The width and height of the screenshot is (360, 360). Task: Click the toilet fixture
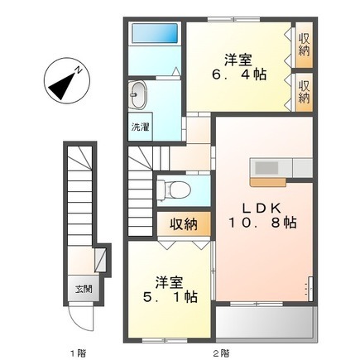[x=174, y=190]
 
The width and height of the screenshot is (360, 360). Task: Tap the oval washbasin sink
[x=138, y=95]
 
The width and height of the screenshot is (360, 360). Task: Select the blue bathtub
[x=155, y=33]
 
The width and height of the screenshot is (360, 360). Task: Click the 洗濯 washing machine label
[x=140, y=127]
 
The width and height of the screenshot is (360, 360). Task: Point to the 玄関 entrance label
[x=84, y=289]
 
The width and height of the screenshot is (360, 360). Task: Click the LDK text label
[x=262, y=208]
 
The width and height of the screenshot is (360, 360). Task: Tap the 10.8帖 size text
[x=262, y=223]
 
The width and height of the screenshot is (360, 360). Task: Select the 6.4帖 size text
[x=239, y=74]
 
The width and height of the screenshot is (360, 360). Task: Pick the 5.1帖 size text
[x=170, y=297]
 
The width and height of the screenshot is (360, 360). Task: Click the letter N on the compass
[x=79, y=70]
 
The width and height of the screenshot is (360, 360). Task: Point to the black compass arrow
[x=63, y=85]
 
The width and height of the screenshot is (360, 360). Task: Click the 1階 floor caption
[x=78, y=353]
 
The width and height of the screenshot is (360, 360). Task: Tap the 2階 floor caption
[x=221, y=353]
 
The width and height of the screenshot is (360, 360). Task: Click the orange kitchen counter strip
[x=268, y=181]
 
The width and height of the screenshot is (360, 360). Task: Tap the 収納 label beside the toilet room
[x=183, y=224]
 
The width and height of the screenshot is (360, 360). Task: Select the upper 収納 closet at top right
[x=304, y=45]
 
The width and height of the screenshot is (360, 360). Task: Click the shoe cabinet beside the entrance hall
[x=100, y=259]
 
